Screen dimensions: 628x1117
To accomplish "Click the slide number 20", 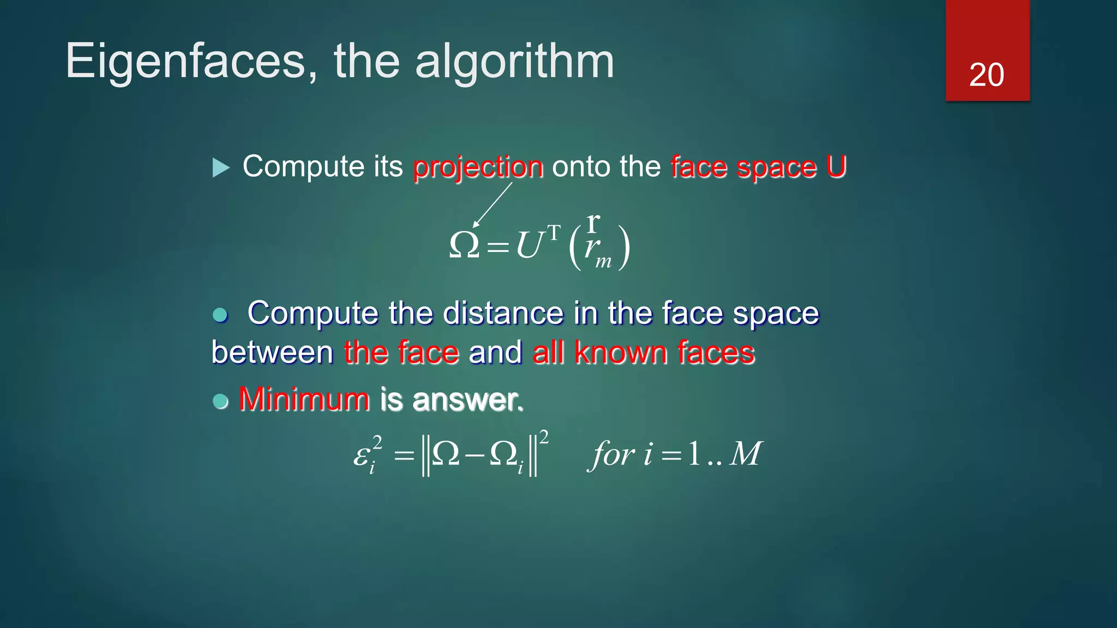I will pos(986,75).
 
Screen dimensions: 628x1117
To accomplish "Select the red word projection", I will pos(478,167).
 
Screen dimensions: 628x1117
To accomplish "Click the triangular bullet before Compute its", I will pos(221,167).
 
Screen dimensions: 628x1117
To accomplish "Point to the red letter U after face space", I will pos(836,166).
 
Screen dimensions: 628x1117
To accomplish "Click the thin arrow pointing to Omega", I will pos(493,204).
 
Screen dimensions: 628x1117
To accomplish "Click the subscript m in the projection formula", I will pos(603,262).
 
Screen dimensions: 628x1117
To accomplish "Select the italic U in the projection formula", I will pos(529,245).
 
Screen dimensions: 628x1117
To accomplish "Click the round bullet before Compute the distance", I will pos(220,315).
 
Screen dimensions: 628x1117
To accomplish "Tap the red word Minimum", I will pos(304,399).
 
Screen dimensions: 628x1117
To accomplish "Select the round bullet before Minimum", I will pos(220,401).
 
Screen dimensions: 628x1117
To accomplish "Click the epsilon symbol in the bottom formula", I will pos(362,455).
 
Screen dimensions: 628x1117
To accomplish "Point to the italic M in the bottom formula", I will pos(745,454).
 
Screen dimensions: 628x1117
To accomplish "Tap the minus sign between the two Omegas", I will pos(475,455).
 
